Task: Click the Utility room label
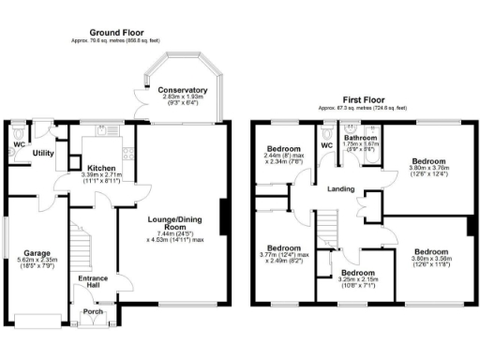43,152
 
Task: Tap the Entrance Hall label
94,283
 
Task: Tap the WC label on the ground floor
19,145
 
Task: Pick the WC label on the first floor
327,145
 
